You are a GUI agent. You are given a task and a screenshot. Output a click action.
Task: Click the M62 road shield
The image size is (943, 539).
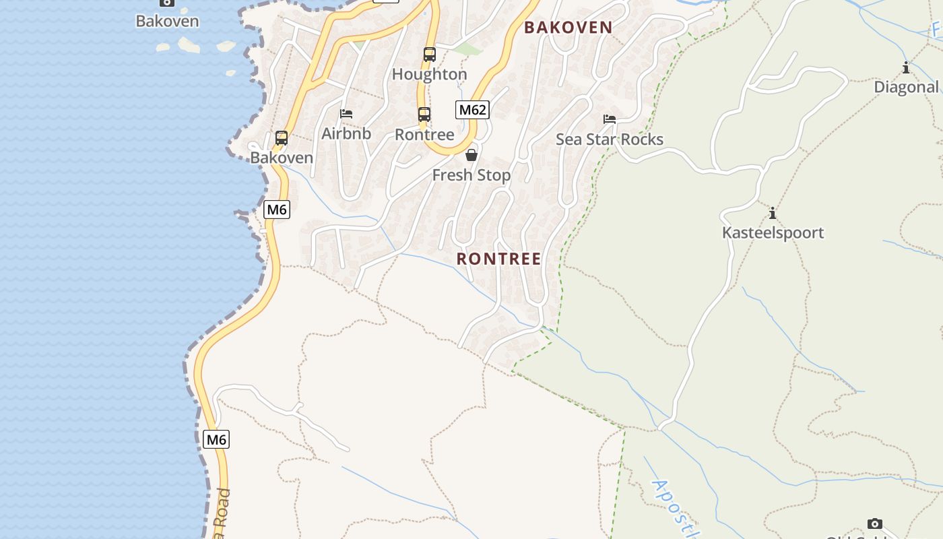point(472,110)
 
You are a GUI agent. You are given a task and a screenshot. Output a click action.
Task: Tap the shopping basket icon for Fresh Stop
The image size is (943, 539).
point(471,155)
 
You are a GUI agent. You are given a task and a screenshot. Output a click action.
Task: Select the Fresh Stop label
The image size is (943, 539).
point(471,175)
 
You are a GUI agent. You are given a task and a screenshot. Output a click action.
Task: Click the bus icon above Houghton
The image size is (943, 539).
point(430,55)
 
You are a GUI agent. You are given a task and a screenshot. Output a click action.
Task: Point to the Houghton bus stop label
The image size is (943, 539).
point(430,74)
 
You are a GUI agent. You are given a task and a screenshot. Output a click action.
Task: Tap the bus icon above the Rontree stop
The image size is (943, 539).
point(424,115)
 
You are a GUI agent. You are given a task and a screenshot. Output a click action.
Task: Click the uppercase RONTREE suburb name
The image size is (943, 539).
point(499,259)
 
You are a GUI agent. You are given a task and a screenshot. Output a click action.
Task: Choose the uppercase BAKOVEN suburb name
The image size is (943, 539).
point(568,28)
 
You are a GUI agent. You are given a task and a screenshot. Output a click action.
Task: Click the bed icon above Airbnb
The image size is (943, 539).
point(346,114)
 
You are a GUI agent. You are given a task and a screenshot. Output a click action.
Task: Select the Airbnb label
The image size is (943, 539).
point(346,133)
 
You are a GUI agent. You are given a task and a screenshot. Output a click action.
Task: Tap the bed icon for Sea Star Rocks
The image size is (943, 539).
point(610,119)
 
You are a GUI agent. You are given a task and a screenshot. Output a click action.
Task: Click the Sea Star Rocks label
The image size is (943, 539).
point(610,139)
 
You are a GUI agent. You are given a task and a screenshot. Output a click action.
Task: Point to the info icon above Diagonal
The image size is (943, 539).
point(906,67)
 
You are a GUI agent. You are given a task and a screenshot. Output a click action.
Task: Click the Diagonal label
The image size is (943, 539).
point(906,87)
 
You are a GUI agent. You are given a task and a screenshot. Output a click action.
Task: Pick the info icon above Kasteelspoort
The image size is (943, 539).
point(773,214)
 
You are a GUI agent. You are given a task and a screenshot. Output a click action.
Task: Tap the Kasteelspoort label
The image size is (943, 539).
point(773,233)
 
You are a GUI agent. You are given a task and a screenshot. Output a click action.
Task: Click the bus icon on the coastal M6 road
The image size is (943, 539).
point(282,138)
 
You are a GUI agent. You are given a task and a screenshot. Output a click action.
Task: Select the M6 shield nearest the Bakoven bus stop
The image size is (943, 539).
point(277,210)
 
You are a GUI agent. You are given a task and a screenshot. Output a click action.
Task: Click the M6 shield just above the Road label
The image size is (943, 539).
point(216,440)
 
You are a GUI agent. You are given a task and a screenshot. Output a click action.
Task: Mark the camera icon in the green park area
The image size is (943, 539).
point(875,524)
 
